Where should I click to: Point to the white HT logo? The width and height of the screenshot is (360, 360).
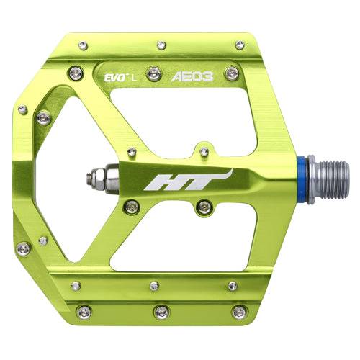coord(187,180)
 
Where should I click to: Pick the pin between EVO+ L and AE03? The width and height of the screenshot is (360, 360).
coord(153,73)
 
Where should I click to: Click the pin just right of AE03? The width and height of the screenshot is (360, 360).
coord(230,73)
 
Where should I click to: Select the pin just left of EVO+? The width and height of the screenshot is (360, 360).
coord(75,72)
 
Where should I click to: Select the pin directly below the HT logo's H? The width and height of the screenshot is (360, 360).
coord(130,207)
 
